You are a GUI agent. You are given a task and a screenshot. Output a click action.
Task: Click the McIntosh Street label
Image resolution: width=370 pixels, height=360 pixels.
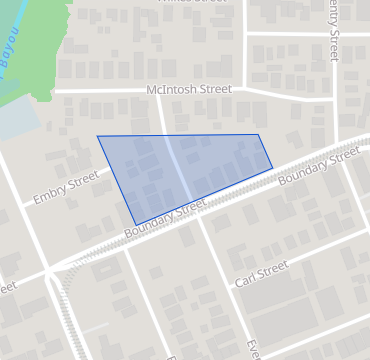coord(188,90)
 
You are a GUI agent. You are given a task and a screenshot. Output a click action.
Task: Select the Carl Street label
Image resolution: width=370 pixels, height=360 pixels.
coord(261,273)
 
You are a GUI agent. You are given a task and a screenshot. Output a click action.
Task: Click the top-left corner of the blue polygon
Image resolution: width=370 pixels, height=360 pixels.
coord(97,136)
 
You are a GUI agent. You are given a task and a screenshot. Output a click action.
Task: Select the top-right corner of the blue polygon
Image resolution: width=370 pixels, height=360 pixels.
coord(259,135)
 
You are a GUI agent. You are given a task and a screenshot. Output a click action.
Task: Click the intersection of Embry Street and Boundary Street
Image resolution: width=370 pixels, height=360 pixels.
coord(48,270)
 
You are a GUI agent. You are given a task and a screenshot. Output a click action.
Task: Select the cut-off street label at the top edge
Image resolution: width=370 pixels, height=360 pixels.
coord(186,3)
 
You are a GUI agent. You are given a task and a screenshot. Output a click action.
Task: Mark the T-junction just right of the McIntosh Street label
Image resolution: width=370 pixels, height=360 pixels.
coord(245,90)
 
